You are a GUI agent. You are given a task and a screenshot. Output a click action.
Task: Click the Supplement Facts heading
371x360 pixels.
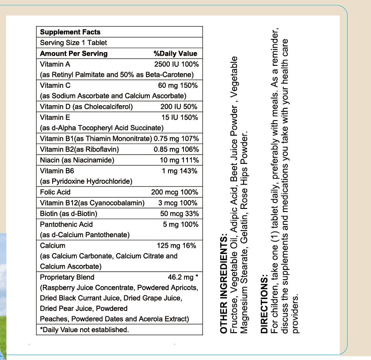[x=70, y=32]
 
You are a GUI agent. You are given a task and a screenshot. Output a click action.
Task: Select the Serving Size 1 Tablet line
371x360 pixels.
[x=73, y=43]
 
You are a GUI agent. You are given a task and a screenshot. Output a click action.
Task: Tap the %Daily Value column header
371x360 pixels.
[x=175, y=53]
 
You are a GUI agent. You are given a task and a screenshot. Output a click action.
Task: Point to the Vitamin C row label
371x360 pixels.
[x=55, y=85]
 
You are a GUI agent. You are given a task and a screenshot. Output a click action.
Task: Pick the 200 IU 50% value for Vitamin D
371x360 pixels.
[x=179, y=107]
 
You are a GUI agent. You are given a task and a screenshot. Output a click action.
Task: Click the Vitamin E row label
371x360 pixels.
[x=55, y=117]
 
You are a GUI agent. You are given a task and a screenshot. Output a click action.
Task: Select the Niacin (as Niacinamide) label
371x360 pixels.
[x=77, y=160]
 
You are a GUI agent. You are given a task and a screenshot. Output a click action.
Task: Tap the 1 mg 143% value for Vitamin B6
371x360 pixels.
[x=180, y=171]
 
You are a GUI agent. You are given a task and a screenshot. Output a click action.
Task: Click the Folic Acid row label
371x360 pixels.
[x=55, y=192]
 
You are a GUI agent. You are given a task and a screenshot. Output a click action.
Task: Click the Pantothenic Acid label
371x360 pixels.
[x=66, y=224]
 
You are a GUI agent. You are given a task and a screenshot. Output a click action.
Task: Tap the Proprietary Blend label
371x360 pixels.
[x=67, y=277]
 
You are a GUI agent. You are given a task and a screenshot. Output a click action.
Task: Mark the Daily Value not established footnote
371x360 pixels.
[x=84, y=330]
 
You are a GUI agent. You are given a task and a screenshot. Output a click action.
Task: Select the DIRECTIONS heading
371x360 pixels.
[x=264, y=305]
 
